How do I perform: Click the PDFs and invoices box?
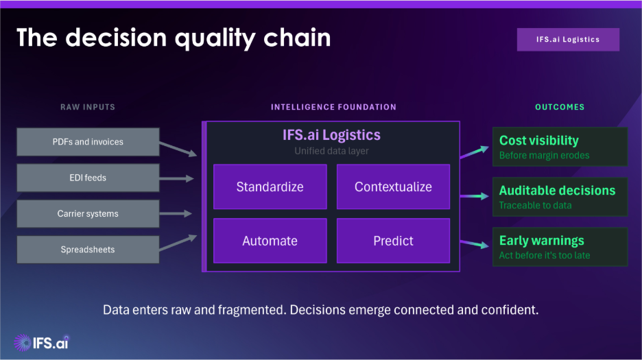88,142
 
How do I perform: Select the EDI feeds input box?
88,178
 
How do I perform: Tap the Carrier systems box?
88,214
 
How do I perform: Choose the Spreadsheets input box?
88,250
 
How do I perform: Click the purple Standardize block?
270,187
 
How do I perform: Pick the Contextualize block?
393,187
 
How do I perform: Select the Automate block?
270,241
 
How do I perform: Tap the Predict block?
393,241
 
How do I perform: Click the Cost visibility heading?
539,141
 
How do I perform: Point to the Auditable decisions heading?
557,191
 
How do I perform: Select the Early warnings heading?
542,241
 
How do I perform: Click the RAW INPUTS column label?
88,107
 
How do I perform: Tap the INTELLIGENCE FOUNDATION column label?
333,107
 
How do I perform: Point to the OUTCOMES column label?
560,107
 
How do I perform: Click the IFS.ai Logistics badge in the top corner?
568,40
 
